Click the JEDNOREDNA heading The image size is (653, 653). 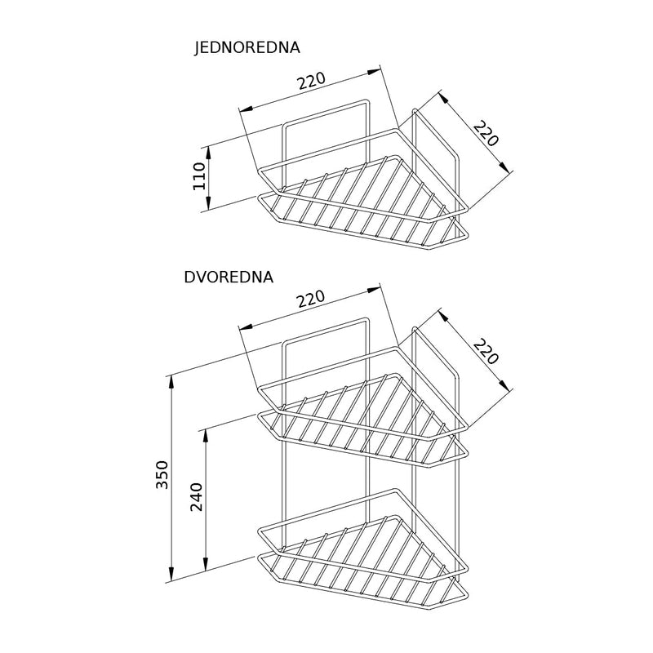[x=247, y=47]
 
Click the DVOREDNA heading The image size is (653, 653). [x=229, y=277]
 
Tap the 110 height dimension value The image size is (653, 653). [x=199, y=176]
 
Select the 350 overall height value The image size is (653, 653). [x=162, y=475]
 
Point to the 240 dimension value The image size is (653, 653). [x=196, y=497]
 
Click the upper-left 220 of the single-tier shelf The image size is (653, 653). [x=312, y=80]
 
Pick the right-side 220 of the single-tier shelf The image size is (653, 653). [x=486, y=133]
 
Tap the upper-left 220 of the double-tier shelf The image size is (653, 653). [x=311, y=299]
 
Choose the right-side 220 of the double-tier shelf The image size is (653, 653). [x=486, y=352]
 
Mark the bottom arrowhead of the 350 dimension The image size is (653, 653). [x=171, y=574]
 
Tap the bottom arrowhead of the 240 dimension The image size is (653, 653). [x=206, y=564]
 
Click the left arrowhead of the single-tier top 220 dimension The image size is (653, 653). [x=247, y=109]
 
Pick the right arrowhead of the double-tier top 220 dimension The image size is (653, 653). [x=373, y=290]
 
